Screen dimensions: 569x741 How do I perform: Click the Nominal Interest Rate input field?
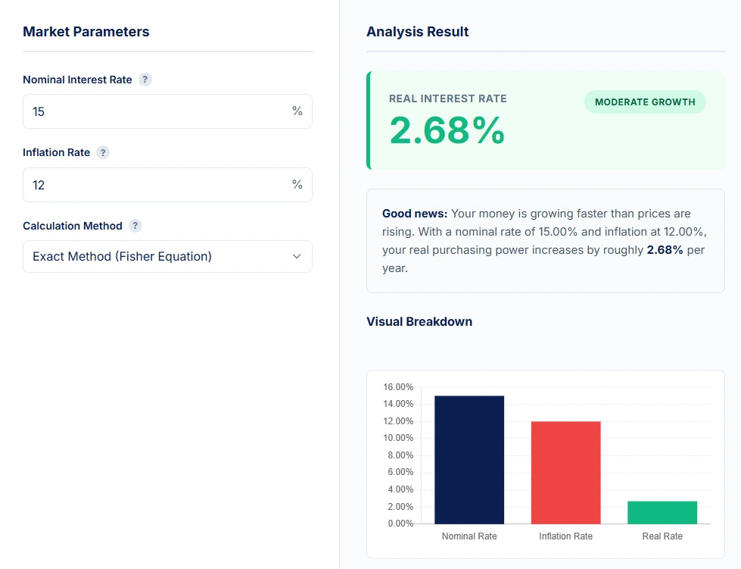click(159, 111)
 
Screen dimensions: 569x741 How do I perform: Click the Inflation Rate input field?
click(159, 185)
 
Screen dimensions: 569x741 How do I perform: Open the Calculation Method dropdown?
click(167, 256)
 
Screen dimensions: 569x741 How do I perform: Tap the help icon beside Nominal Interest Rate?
click(145, 80)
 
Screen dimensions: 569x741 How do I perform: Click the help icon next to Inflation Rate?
click(103, 152)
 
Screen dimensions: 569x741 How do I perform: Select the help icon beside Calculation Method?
click(135, 226)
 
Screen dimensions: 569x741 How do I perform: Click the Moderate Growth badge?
click(645, 102)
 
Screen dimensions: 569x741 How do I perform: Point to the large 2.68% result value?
click(447, 130)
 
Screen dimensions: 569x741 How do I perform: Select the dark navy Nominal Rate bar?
click(469, 459)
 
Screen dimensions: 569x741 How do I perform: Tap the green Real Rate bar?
click(662, 512)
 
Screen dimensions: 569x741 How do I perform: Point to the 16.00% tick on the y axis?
click(398, 387)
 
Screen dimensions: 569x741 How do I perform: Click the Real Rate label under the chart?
click(662, 536)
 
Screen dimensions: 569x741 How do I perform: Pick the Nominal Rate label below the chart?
click(469, 536)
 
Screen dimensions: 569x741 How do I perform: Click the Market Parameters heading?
click(86, 32)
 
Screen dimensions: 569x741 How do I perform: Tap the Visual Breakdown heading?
click(419, 321)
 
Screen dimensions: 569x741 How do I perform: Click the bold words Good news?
click(415, 214)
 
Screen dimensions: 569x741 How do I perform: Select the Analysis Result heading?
click(418, 32)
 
